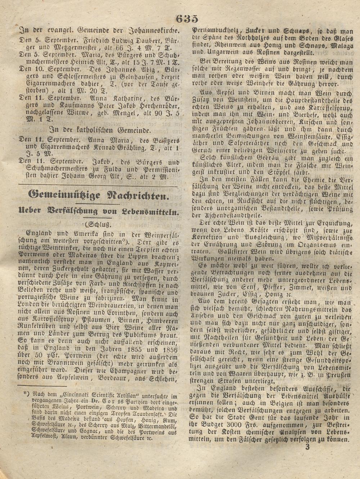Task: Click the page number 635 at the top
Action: (187, 18)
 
